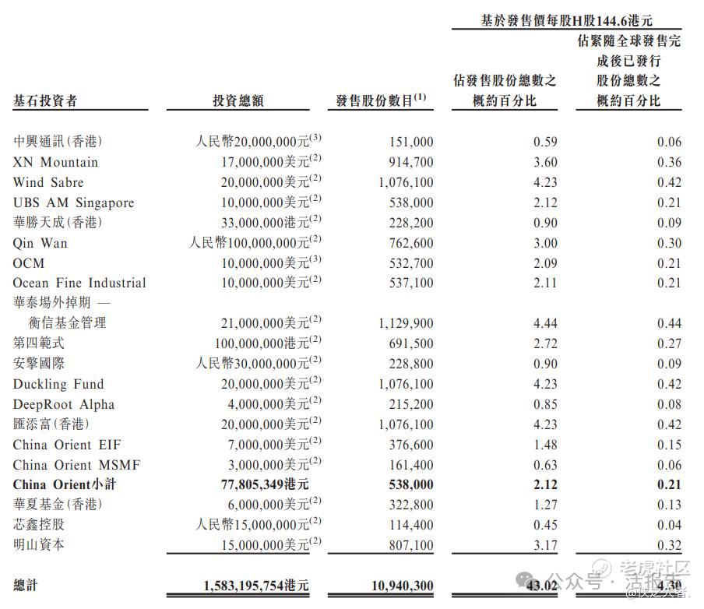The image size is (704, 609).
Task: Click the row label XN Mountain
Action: pyautogui.click(x=55, y=162)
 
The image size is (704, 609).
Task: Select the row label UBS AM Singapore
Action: pyautogui.click(x=73, y=202)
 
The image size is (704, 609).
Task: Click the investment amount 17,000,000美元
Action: pyautogui.click(x=265, y=162)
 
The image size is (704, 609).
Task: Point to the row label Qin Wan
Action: pyautogui.click(x=40, y=243)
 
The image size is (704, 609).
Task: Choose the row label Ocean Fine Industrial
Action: pyautogui.click(x=79, y=283)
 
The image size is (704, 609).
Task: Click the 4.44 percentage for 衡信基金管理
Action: pyautogui.click(x=545, y=323)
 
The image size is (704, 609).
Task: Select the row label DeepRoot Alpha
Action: pyautogui.click(x=64, y=404)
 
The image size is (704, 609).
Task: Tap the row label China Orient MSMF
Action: pyautogui.click(x=76, y=465)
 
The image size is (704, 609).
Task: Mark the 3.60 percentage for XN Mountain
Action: pyautogui.click(x=545, y=162)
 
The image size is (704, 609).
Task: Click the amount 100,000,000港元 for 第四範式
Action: pyautogui.click(x=262, y=343)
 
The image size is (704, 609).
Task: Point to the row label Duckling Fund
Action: pyautogui.click(x=58, y=384)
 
